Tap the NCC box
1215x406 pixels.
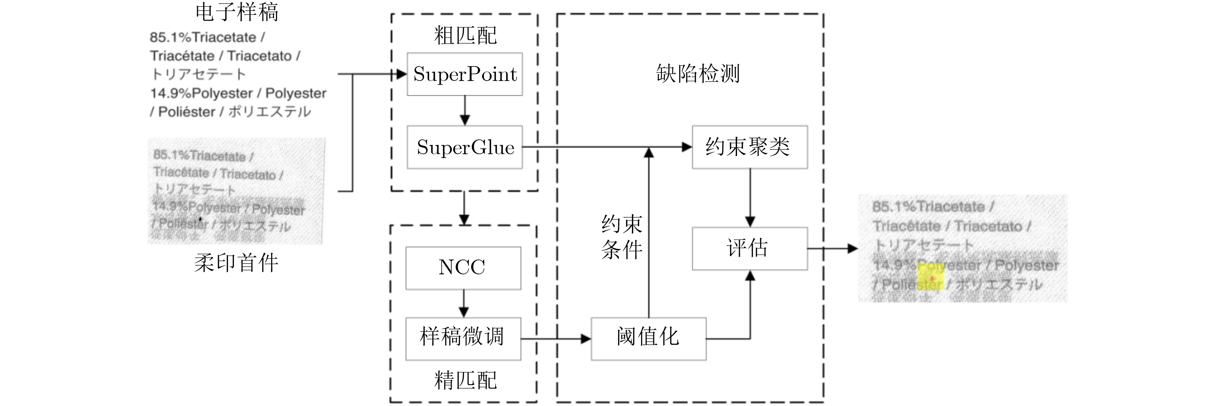463,268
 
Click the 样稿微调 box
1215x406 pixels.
463,338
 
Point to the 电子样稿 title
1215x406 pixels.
237,12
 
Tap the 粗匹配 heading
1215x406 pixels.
465,36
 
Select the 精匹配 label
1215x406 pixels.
465,380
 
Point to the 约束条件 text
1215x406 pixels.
622,237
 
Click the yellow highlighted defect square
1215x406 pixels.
930,277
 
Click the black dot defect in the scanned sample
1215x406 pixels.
201,219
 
